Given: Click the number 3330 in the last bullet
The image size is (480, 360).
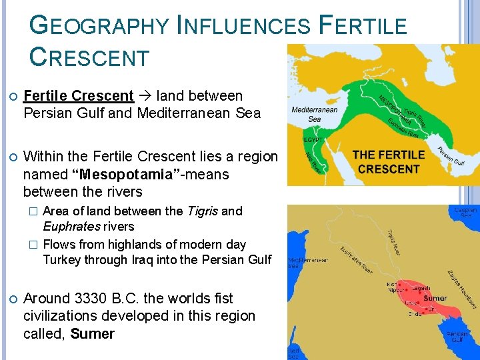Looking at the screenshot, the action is (100, 298).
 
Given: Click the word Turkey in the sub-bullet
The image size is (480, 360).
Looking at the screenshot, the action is (61, 259).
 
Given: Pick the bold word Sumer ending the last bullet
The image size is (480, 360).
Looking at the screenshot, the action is (92, 333).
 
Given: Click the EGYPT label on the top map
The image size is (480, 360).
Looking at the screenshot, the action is (313, 140).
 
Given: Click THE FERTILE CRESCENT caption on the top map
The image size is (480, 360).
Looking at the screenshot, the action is (389, 161).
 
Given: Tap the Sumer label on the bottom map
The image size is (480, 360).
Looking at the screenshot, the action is (435, 299).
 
